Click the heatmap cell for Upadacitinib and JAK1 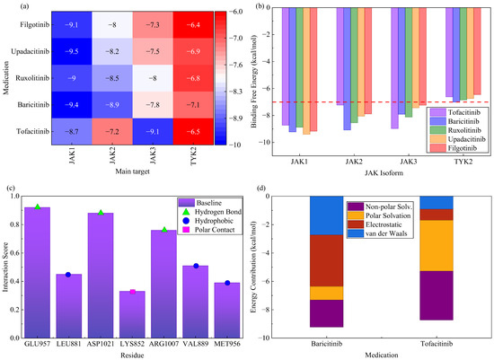click(72, 51)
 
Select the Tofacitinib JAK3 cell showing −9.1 click(153, 132)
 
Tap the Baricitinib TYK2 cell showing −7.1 click(193, 105)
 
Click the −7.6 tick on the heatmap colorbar click(235, 65)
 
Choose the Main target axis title click(132, 171)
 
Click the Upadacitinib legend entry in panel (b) click(458, 139)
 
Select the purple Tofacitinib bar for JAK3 click(394, 68)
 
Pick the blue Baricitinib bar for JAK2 click(347, 68)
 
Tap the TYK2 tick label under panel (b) click(463, 162)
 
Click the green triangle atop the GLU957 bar click(38, 206)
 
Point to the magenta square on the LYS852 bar click(132, 292)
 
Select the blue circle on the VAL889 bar click(196, 266)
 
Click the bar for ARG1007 click(163, 284)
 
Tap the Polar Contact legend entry click(210, 230)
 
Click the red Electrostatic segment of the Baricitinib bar click(326, 260)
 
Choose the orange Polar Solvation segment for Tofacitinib click(437, 245)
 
